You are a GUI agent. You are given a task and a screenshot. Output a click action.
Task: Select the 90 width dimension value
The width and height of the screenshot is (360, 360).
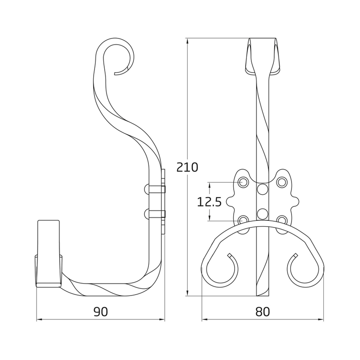[101, 311]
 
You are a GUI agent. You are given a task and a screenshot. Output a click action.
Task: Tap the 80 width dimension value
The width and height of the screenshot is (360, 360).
[263, 311]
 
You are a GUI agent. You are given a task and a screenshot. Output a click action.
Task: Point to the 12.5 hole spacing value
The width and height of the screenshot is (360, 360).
[209, 202]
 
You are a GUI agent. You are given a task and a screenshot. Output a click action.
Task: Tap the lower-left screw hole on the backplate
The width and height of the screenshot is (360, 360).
[243, 220]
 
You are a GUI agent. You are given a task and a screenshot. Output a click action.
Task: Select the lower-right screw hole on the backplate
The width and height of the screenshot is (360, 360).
[282, 220]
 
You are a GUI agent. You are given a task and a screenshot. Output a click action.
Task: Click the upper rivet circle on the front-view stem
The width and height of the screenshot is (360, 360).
[262, 189]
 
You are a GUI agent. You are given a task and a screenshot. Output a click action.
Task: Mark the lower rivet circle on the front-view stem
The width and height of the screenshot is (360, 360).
[262, 214]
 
